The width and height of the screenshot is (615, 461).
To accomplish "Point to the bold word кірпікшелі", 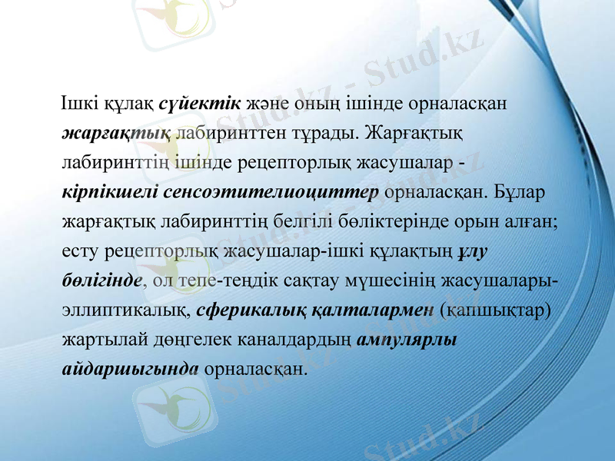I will pyautogui.click(x=101, y=191).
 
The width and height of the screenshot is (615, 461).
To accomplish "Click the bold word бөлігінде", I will pyautogui.click(x=101, y=280).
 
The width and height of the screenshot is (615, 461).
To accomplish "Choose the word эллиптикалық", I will pyautogui.click(x=125, y=310).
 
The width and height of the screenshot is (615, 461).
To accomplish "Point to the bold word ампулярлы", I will pyautogui.click(x=408, y=340).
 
